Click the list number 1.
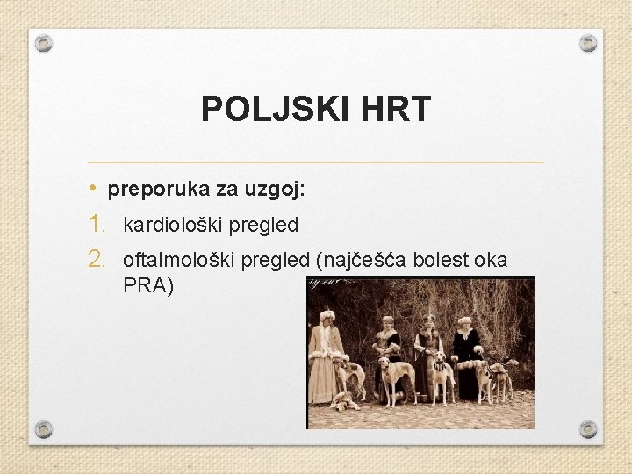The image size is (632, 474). point(97,225)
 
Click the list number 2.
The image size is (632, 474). point(97,260)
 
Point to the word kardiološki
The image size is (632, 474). point(172,226)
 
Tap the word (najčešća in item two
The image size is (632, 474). point(358,261)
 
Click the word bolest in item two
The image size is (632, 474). point(441,261)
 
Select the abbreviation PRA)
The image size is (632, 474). point(148,286)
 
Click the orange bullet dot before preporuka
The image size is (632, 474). point(93,190)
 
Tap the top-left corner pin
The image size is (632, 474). point(44,43)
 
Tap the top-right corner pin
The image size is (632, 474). point(588,43)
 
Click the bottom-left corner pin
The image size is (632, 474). point(44,429)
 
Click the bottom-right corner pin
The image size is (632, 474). point(588,429)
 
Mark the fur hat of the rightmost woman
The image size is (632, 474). point(464,321)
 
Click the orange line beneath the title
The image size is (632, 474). point(316,162)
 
